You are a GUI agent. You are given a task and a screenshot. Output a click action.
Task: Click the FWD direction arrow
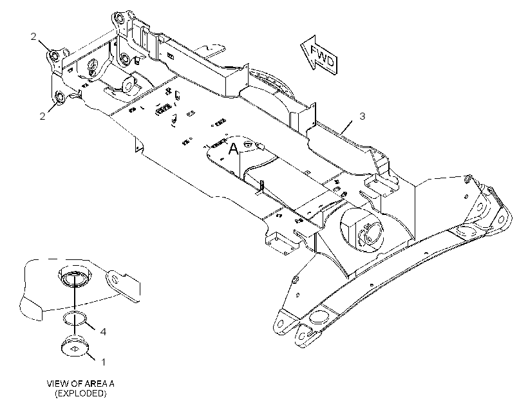click(319, 55)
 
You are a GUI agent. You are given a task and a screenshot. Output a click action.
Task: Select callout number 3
click(362, 116)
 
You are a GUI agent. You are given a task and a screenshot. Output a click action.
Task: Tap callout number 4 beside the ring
click(104, 331)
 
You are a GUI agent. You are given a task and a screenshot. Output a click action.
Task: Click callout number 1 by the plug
click(104, 362)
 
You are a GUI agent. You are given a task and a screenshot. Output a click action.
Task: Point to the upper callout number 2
click(33, 36)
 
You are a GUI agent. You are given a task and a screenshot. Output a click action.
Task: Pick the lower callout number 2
click(42, 116)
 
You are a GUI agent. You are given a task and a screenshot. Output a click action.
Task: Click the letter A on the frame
click(233, 149)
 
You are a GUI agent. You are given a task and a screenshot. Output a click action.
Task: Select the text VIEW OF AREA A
click(80, 384)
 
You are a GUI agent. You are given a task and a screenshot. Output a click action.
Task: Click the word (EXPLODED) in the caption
click(81, 393)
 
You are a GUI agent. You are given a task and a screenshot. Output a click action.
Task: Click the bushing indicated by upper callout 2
click(54, 55)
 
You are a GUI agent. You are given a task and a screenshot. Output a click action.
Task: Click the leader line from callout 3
click(347, 127)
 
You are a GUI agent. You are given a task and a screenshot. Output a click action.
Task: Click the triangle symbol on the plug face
click(75, 349)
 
